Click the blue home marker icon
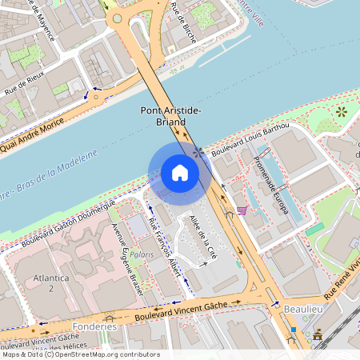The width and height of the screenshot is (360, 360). [x=180, y=173]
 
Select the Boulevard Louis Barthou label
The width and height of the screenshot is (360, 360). [x=251, y=138]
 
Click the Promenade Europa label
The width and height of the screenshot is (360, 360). [x=270, y=185]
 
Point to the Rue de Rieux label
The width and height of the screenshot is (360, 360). [x=24, y=86]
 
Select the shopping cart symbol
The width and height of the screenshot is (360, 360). [x=241, y=211]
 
